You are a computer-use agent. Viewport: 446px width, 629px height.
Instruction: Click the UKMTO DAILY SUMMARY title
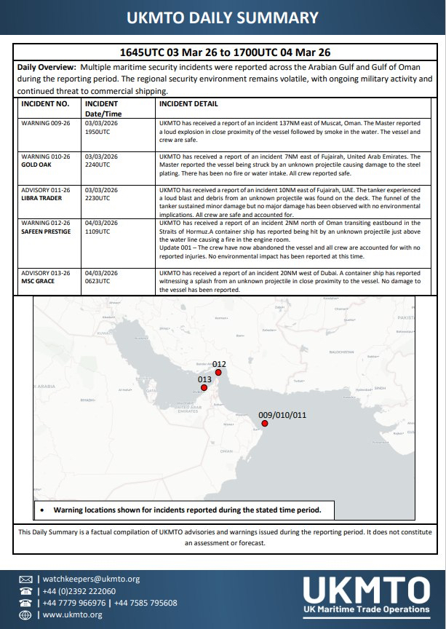click(223, 18)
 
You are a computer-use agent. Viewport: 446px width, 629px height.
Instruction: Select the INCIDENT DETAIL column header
click(188, 104)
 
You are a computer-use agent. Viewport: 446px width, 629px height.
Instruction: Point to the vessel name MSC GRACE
click(38, 280)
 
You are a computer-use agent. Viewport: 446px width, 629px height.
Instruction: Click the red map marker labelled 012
click(218, 373)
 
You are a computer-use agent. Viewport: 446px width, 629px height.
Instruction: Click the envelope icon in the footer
click(25, 579)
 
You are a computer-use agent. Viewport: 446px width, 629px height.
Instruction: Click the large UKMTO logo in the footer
click(366, 591)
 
